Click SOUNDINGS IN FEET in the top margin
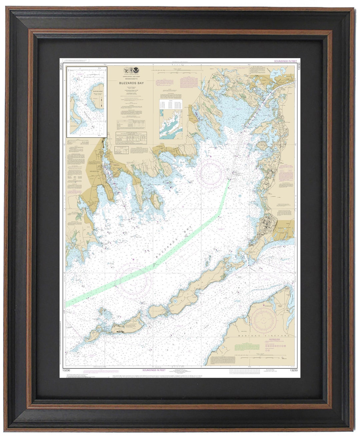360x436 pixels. click(x=285, y=61)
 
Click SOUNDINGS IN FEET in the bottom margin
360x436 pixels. click(x=154, y=370)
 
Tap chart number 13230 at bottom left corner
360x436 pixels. click(x=66, y=370)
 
